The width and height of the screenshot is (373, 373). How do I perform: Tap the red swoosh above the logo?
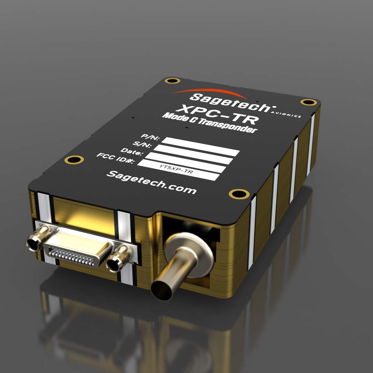[x=209, y=92]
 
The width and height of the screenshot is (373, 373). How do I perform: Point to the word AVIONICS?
[x=286, y=114]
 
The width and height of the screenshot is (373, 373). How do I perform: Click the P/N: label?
[x=150, y=137]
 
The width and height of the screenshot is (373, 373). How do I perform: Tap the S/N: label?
[x=142, y=144]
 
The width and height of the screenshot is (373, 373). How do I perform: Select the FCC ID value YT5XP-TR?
[x=176, y=169]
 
